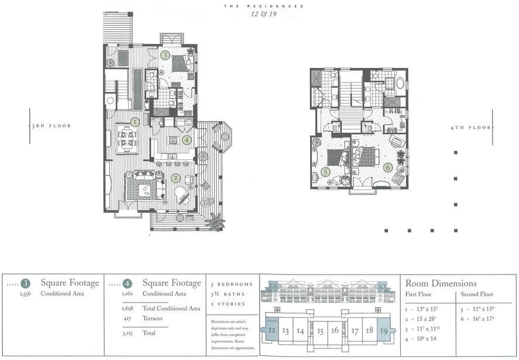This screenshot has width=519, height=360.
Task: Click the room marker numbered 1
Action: click(135, 122)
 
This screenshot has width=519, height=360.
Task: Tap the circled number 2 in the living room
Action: click(175, 179)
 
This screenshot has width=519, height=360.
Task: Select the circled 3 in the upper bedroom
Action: click(166, 56)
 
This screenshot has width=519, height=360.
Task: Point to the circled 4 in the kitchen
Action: click(187, 140)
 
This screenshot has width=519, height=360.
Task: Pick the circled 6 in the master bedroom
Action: click(387, 167)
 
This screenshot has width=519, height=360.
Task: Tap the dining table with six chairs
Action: click(127, 139)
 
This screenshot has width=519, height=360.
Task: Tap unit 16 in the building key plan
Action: click(335, 331)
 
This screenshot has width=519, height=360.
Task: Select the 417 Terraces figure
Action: click(125, 318)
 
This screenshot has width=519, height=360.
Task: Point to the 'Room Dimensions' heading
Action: click(441, 283)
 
